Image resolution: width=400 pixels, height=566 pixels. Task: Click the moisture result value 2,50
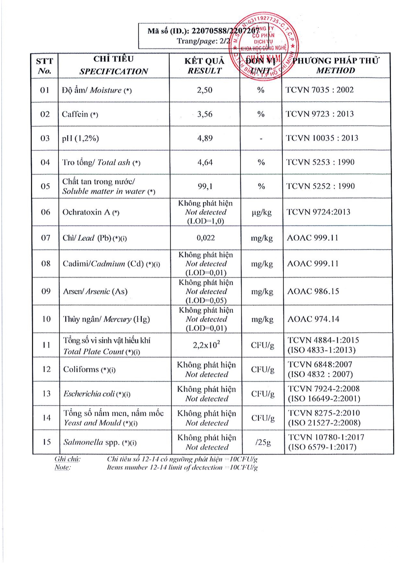point(205,90)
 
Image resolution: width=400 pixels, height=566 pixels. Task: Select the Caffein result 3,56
point(205,114)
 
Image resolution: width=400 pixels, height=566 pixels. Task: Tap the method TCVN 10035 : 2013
point(322,138)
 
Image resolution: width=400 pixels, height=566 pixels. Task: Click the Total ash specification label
point(101,163)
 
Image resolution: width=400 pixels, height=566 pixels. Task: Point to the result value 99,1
point(205,186)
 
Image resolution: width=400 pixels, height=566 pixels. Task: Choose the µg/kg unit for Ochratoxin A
point(261,212)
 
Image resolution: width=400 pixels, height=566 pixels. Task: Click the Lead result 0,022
point(205,238)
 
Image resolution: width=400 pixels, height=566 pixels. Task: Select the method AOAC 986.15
point(313,292)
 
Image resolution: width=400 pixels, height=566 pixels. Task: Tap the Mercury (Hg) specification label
point(106,319)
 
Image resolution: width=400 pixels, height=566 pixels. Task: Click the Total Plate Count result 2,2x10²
point(206,345)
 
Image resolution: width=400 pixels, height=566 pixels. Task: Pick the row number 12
point(46,369)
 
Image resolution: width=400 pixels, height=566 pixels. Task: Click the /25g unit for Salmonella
point(263,442)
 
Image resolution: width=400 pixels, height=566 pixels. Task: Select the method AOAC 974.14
point(313,319)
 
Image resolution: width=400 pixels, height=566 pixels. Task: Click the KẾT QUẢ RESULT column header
point(205,66)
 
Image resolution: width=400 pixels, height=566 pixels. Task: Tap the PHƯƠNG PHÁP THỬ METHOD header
point(335,65)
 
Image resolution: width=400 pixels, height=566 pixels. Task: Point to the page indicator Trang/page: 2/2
point(203,41)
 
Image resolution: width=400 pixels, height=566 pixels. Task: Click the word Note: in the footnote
point(63,467)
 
